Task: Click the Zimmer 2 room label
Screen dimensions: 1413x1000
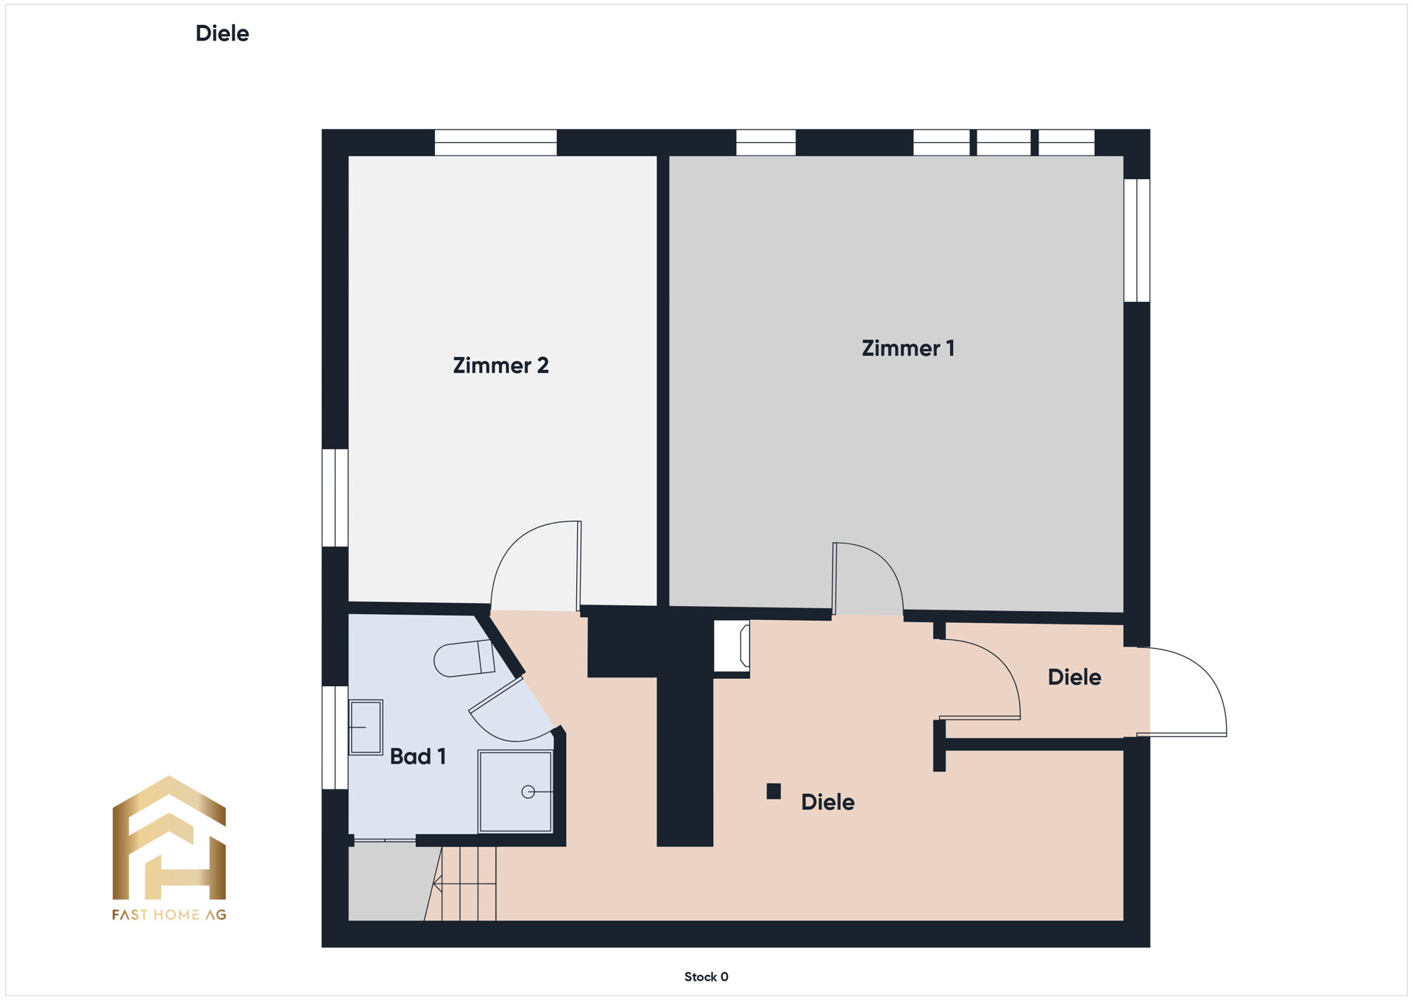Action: point(500,365)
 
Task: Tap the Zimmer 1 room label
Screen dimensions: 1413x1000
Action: point(908,348)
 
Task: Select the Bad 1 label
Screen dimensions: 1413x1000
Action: point(418,756)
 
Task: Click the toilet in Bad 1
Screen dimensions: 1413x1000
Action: point(464,658)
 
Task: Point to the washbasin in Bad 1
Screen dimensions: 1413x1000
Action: point(366,728)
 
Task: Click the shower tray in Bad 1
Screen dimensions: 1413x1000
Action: point(515,792)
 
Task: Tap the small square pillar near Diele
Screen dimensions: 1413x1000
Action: point(773,792)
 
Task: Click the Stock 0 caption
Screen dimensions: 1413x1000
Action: point(706,976)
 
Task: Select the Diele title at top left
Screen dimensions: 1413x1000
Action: point(222,33)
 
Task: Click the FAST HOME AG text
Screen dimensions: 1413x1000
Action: point(169,915)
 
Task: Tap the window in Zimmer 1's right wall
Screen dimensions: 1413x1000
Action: point(1137,240)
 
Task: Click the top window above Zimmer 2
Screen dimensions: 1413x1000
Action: point(495,142)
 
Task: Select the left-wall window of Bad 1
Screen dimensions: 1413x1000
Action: point(335,738)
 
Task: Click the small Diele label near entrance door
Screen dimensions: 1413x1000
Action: point(1074,677)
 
